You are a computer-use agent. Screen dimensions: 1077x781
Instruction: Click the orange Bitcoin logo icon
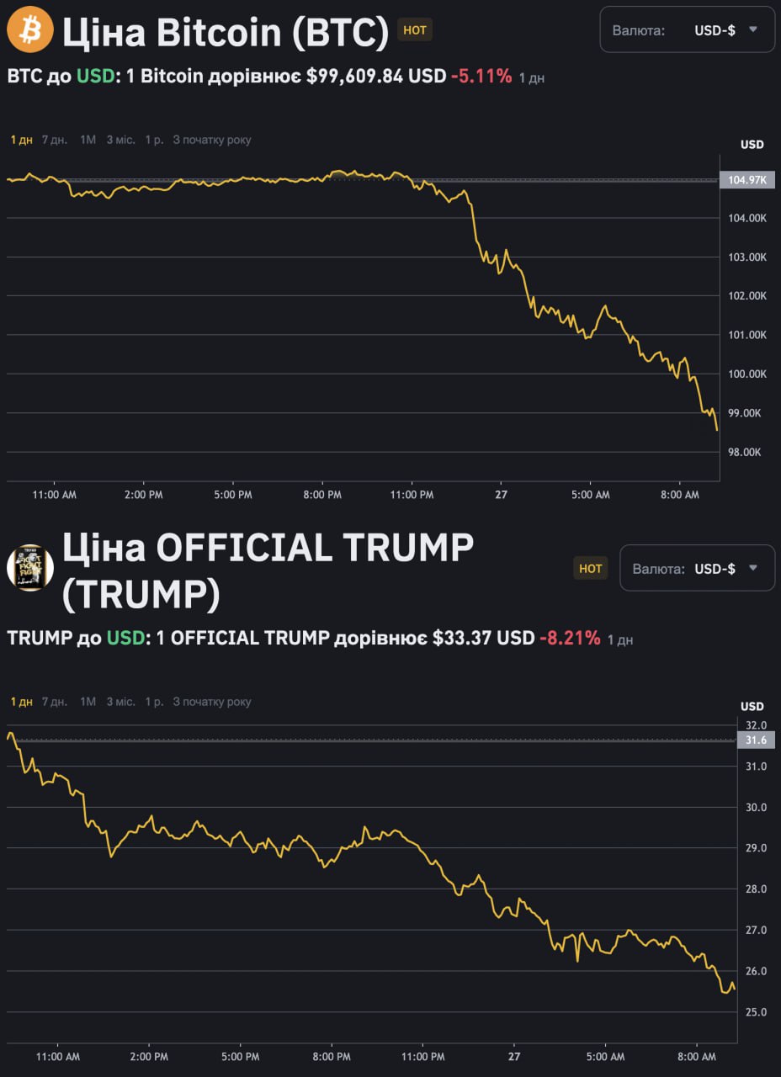(30, 30)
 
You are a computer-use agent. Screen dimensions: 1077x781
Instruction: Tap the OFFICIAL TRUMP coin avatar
(30, 567)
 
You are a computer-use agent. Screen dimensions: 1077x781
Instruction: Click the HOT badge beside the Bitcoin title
(415, 29)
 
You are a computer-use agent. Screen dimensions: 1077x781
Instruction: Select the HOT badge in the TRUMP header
(591, 568)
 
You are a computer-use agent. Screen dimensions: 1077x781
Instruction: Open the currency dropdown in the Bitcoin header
(687, 30)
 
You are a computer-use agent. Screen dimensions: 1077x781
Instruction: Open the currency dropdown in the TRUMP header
(697, 568)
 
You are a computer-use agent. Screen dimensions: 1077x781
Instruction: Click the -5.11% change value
(481, 76)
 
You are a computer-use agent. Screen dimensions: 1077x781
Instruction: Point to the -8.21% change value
(571, 638)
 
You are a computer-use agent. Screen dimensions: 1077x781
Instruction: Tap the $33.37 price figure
(462, 638)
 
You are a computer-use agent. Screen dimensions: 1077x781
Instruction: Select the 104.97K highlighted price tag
(746, 179)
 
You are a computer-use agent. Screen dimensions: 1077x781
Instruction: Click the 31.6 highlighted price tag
(757, 740)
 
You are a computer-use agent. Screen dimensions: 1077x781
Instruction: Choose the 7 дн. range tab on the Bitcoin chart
(55, 140)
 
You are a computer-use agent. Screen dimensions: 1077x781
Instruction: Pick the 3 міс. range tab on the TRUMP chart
(120, 702)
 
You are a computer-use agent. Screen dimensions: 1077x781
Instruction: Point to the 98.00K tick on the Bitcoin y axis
(745, 452)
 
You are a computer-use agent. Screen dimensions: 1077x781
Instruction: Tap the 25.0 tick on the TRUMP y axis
(757, 1011)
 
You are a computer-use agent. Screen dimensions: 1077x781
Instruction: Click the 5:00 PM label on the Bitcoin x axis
(233, 495)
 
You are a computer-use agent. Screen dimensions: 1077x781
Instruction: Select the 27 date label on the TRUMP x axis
(514, 1056)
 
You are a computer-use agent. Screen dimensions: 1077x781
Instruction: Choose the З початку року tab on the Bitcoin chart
(212, 140)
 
